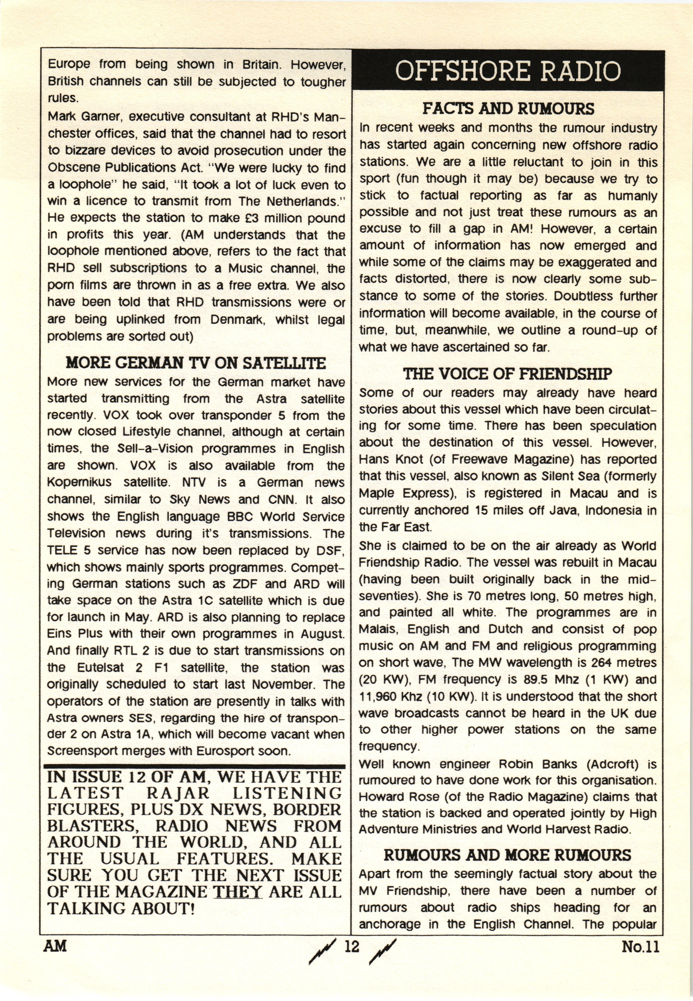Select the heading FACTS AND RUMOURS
point(508,109)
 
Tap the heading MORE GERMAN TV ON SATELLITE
point(195,363)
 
